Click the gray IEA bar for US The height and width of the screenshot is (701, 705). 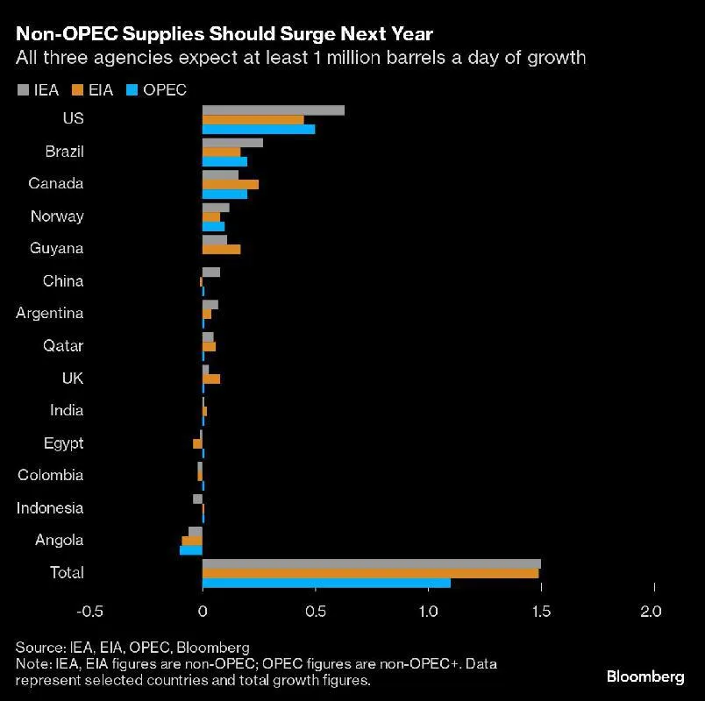(273, 110)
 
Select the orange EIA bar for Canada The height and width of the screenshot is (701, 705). (231, 184)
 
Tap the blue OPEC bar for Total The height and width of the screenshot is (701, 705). (326, 583)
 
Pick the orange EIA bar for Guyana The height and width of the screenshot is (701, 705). (221, 249)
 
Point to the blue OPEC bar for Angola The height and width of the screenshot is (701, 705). (191, 550)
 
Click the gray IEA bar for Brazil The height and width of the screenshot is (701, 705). (232, 142)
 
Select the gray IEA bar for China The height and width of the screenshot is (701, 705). (211, 272)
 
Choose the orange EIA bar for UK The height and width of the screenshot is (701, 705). (211, 379)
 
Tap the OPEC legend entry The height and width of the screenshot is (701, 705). (157, 89)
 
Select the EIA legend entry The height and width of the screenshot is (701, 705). (93, 89)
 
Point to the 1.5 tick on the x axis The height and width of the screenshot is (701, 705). (541, 611)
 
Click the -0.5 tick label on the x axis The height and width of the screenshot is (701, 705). (89, 611)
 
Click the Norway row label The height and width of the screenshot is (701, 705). (57, 216)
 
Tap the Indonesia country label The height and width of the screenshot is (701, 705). (51, 507)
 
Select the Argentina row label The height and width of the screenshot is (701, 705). (50, 313)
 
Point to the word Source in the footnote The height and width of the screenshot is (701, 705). (38, 648)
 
